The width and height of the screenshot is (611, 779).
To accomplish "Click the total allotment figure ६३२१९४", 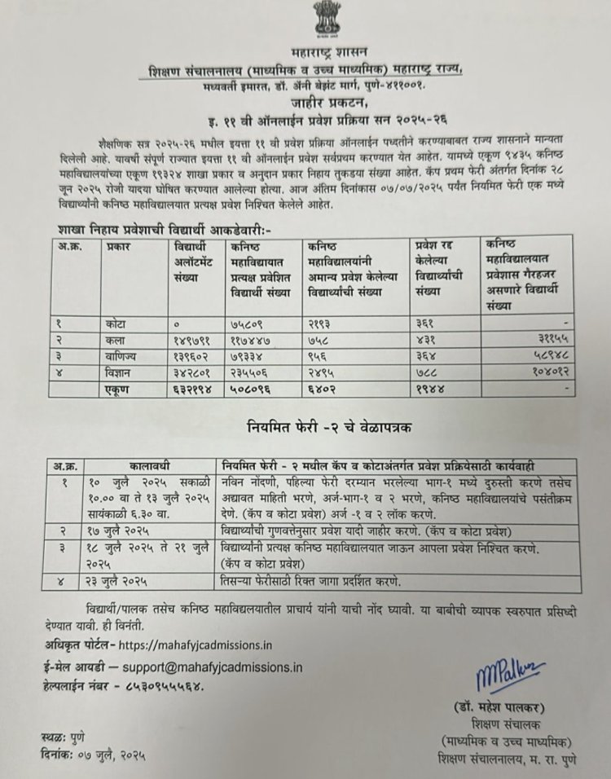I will pyautogui.click(x=192, y=389).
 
